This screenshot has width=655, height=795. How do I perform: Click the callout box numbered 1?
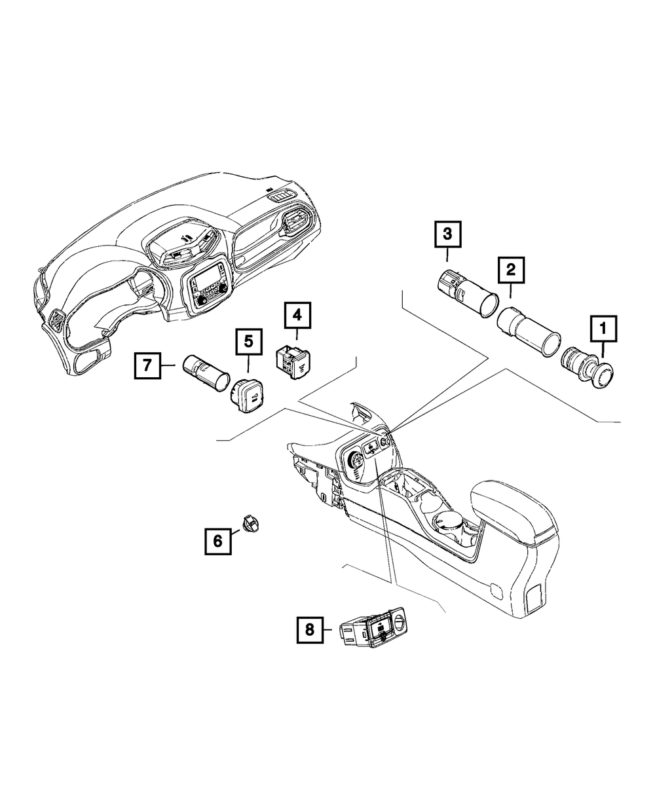(603, 327)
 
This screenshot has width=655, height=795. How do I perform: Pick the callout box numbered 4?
(297, 316)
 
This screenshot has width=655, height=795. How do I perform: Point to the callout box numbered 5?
(248, 341)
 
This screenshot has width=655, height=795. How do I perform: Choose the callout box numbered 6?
(217, 540)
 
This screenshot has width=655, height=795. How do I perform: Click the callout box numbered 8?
(309, 630)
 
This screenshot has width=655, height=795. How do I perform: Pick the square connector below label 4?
(294, 361)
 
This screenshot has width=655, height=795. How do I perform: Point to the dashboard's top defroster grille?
(283, 196)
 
